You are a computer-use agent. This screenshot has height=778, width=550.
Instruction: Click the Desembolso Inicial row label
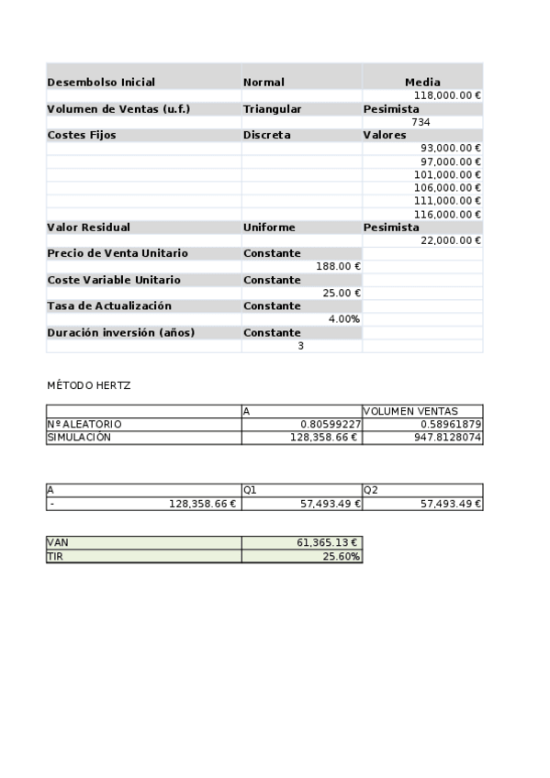[101, 83]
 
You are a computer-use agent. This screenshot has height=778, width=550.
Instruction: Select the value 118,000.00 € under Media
[448, 95]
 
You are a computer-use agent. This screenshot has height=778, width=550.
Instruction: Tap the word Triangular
[272, 109]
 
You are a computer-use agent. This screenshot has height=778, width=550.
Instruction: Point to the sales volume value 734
[421, 122]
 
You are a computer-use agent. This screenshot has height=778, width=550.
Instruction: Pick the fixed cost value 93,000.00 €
[451, 148]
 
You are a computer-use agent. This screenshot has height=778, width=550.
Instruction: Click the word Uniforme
[269, 228]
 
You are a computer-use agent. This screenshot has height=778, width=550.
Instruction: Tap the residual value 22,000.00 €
[451, 240]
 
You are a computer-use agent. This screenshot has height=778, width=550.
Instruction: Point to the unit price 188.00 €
[338, 266]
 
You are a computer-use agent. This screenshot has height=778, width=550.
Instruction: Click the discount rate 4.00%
[343, 319]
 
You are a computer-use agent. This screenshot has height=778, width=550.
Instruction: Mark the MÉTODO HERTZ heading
[88, 385]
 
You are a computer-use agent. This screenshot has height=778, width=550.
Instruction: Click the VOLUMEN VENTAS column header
[410, 412]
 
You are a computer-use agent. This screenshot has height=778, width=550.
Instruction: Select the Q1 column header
[250, 491]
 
